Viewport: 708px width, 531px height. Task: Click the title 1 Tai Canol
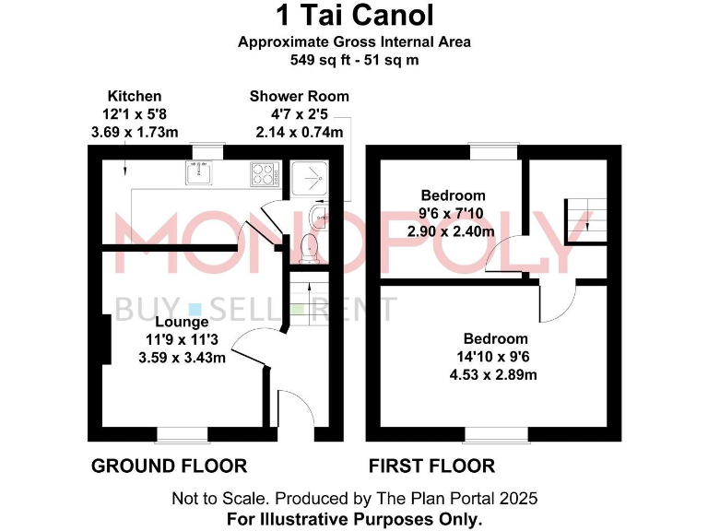point(354,16)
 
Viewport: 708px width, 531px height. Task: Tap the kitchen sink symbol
point(199,171)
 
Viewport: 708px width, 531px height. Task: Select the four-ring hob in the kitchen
point(264,172)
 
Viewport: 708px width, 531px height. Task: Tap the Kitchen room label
point(135,96)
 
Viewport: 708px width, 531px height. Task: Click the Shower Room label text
point(299,97)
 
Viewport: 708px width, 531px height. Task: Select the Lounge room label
point(182,322)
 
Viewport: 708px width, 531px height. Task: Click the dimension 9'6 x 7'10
point(453,213)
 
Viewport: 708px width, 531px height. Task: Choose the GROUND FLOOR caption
point(169,466)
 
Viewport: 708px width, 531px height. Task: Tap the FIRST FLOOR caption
point(431,466)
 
